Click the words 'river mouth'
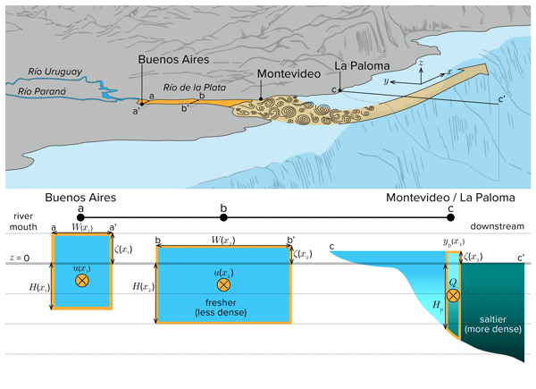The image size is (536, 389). tap(23, 222)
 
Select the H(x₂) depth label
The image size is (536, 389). tap(143, 286)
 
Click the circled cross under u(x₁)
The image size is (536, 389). tap(82, 281)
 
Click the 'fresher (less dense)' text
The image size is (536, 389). tap(224, 306)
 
